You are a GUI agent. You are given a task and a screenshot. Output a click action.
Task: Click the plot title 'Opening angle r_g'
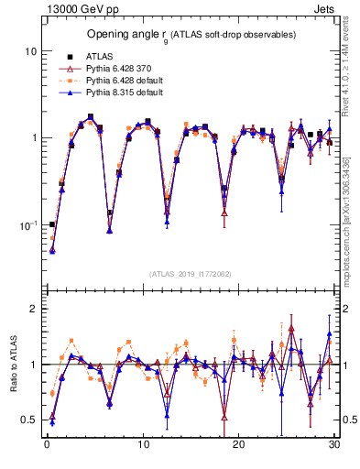(191, 34)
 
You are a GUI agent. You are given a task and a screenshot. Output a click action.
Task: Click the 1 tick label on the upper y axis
(34, 138)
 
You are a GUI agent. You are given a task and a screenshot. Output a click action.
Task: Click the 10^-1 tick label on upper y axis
(29, 224)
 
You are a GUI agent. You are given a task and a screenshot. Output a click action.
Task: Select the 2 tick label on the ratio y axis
(34, 309)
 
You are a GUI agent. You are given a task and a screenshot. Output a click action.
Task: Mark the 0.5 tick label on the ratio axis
(29, 420)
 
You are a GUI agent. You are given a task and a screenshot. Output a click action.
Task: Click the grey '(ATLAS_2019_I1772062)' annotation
(191, 274)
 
